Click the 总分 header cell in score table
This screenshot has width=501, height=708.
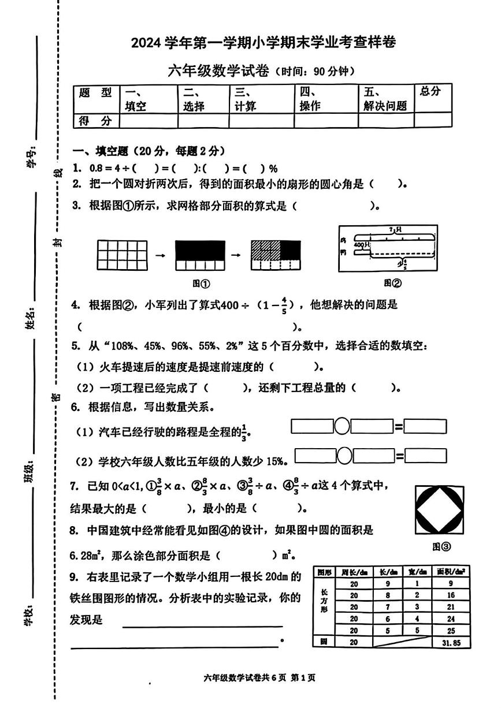[x=431, y=91]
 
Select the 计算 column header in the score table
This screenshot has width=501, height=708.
[x=246, y=99]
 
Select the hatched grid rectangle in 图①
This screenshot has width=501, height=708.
[x=276, y=255]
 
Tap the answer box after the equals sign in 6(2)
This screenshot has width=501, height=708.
[x=425, y=456]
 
